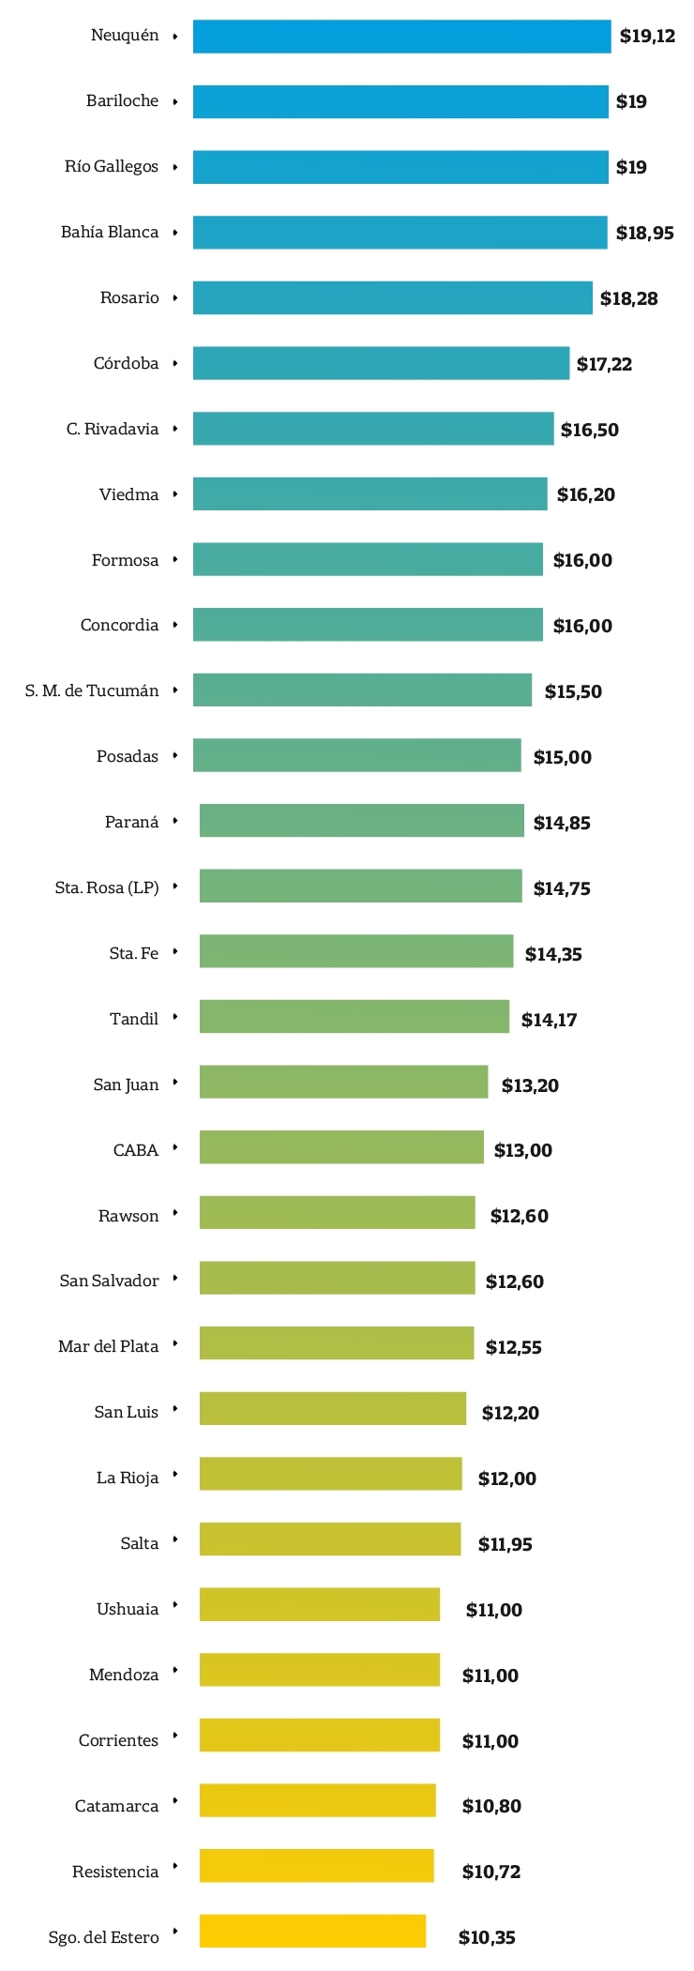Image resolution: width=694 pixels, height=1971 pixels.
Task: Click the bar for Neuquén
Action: pyautogui.click(x=401, y=37)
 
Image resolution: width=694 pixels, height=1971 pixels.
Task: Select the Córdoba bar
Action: pyautogui.click(x=381, y=363)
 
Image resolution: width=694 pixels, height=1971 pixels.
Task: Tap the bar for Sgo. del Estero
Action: pyautogui.click(x=312, y=1931)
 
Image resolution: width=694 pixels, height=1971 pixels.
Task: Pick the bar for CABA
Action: pyautogui.click(x=341, y=1147)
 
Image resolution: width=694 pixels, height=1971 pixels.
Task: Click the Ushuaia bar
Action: pyautogui.click(x=319, y=1604)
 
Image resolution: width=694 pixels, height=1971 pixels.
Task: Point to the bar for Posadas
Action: pyautogui.click(x=356, y=755)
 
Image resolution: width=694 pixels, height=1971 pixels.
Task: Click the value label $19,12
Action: pyautogui.click(x=647, y=37)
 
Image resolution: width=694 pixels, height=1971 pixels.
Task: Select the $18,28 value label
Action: pyautogui.click(x=628, y=298)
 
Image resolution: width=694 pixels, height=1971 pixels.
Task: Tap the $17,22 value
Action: pyautogui.click(x=604, y=364)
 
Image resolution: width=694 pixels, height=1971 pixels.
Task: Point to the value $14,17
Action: pyautogui.click(x=549, y=1020)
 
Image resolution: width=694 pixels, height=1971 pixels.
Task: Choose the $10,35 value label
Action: pyautogui.click(x=487, y=1937)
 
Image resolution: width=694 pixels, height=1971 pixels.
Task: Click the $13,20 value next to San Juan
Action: pyautogui.click(x=530, y=1085)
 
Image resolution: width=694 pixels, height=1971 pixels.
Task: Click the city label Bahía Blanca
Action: pyautogui.click(x=110, y=232)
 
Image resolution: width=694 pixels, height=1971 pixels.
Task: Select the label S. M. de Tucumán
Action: pyautogui.click(x=92, y=690)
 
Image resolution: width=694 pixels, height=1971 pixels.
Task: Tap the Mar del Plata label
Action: pyautogui.click(x=108, y=1346)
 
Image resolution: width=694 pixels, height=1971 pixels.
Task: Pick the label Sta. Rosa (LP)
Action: pyautogui.click(x=107, y=887)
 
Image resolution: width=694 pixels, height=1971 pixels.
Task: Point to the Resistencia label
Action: pyautogui.click(x=115, y=1872)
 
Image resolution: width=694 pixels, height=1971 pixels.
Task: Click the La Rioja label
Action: pyautogui.click(x=128, y=1478)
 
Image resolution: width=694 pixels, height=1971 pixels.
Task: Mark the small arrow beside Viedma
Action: pyautogui.click(x=174, y=494)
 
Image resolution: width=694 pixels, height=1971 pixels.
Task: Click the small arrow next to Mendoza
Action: pyautogui.click(x=174, y=1671)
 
